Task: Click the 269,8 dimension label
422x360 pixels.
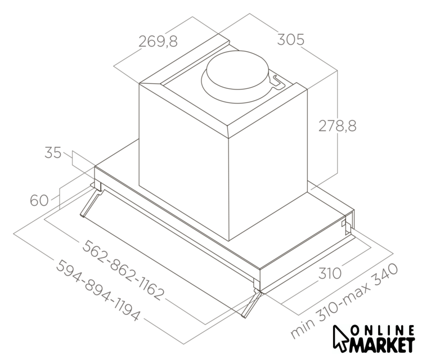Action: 158,42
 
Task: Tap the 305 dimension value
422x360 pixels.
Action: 291,39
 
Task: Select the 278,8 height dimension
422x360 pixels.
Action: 337,125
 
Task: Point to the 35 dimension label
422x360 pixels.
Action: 53,152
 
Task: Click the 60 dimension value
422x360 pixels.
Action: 39,200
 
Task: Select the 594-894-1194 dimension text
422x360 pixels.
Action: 98,290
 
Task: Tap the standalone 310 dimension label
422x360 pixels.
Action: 330,273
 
